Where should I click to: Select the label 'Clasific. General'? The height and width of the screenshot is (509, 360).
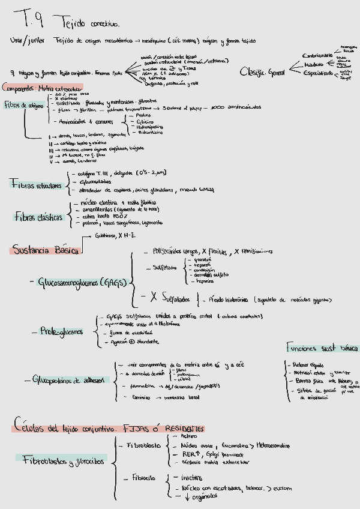tap(262, 71)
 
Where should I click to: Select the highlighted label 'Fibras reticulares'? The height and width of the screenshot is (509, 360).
tap(35, 185)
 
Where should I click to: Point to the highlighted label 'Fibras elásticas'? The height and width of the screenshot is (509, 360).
tap(38, 217)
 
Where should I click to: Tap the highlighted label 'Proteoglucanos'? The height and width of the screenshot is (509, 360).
tap(61, 331)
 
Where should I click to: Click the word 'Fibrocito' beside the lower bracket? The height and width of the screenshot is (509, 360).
tap(144, 478)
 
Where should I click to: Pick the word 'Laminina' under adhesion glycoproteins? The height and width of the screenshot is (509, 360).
tap(141, 397)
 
